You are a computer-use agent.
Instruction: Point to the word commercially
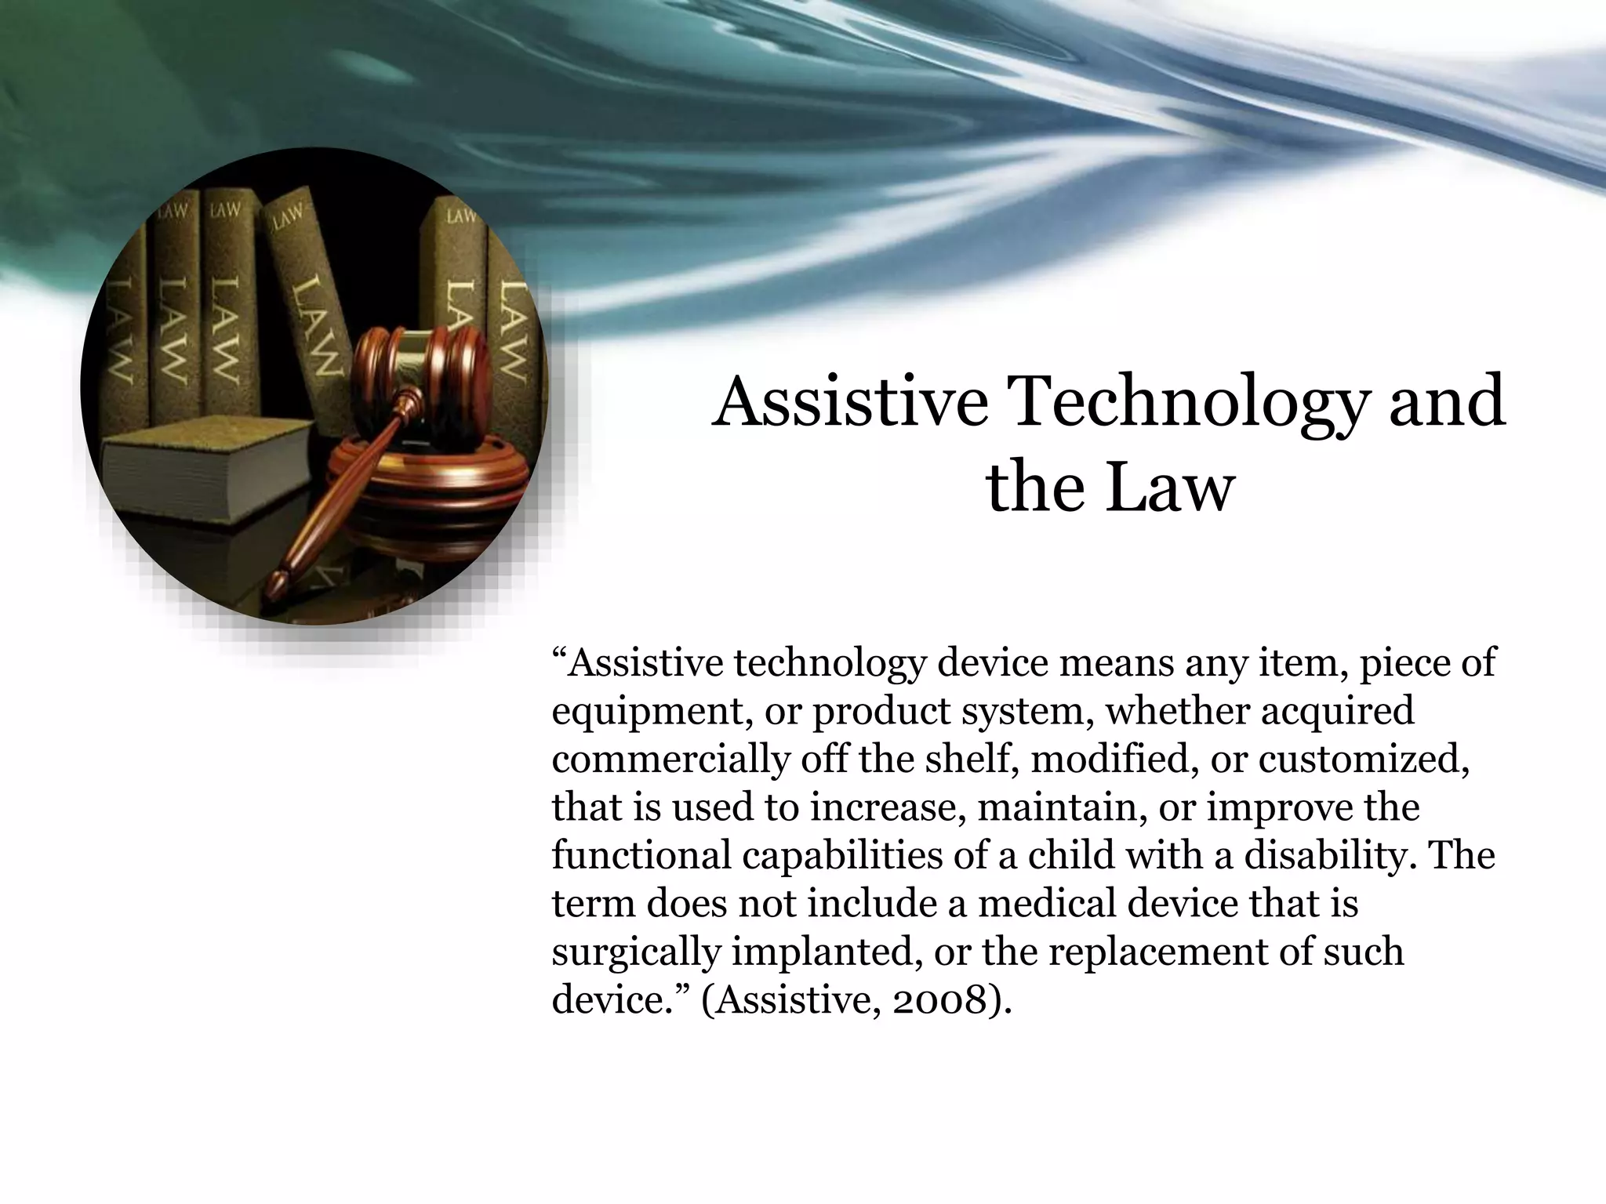coord(670,760)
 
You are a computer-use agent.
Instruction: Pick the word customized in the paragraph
coord(1363,760)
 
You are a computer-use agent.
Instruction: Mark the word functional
coord(640,854)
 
